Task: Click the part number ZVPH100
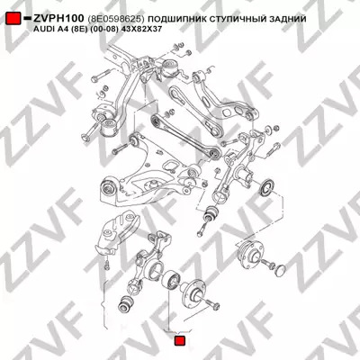coord(58,19)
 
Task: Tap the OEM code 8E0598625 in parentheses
coord(116,19)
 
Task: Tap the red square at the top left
coord(13,19)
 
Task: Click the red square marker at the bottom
coord(180,341)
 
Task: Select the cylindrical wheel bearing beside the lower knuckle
coord(170,281)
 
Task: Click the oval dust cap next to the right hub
coord(280,270)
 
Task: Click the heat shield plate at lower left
coord(117,231)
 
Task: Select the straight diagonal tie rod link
coord(185,134)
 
